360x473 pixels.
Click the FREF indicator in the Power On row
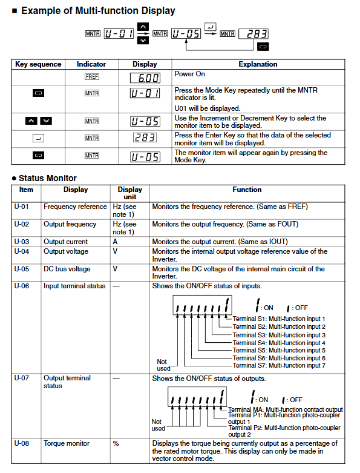[x=92, y=77]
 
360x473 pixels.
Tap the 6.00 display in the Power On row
[x=145, y=78]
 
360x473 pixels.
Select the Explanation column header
[x=258, y=64]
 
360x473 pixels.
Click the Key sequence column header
[x=38, y=64]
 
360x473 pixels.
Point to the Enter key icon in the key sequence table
[x=38, y=138]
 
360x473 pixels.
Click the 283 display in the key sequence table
[x=145, y=137]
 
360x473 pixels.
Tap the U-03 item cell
[x=22, y=242]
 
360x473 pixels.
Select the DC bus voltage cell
[x=67, y=269]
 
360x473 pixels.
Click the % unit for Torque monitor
[x=116, y=443]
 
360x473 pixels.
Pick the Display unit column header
[x=130, y=193]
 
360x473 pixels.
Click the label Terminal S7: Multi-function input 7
[x=279, y=365]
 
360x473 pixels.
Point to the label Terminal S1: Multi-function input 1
[x=279, y=319]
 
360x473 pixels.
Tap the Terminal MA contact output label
[x=286, y=409]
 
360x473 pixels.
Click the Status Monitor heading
[x=48, y=178]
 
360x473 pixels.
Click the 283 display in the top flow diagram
[x=254, y=34]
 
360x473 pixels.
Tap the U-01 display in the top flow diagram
[x=119, y=33]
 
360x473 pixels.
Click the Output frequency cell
[x=70, y=224]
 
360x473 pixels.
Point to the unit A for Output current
[x=115, y=242]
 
